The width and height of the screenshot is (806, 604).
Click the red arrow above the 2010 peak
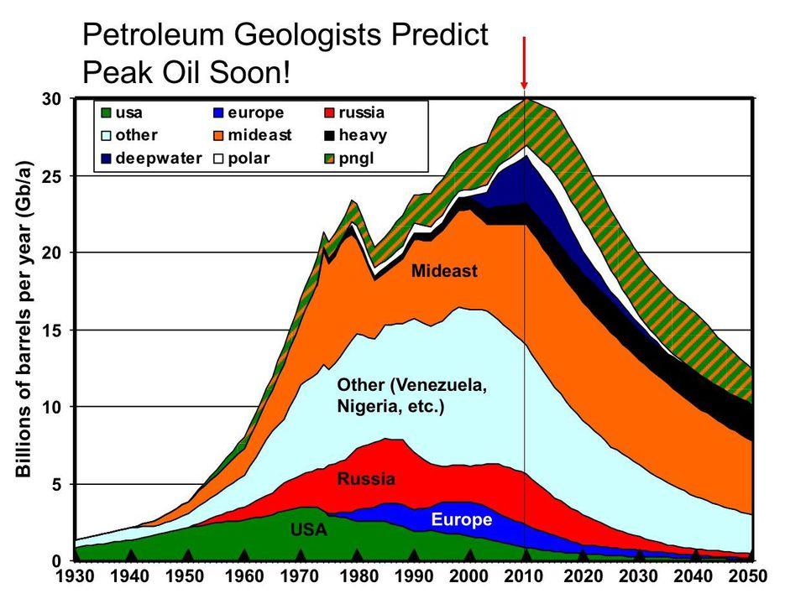tap(524, 63)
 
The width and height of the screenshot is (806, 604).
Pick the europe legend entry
tap(249, 112)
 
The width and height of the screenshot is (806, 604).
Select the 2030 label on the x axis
tap(639, 578)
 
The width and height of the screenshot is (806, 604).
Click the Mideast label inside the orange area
tap(444, 271)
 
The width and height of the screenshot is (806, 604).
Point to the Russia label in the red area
tap(365, 480)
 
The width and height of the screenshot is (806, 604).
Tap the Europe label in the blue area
tap(461, 520)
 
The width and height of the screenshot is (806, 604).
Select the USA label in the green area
tap(308, 530)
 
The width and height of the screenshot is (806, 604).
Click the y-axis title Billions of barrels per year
tap(24, 319)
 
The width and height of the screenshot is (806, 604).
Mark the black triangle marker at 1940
tap(131, 555)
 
